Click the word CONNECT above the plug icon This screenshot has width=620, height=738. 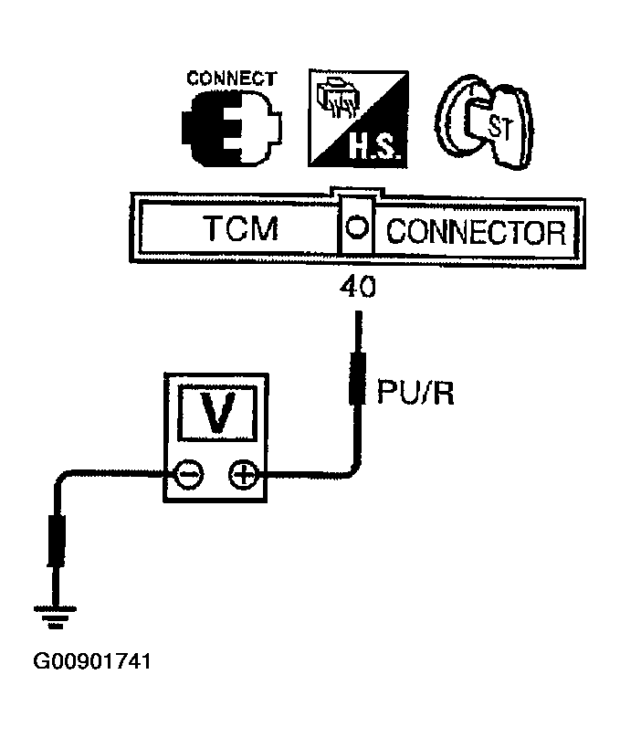click(231, 78)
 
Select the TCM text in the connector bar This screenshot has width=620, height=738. click(241, 231)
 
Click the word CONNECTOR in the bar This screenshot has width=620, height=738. click(474, 231)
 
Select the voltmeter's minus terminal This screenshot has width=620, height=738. click(189, 474)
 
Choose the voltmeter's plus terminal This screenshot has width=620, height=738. click(242, 474)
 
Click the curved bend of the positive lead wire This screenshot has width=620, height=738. click(352, 466)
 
